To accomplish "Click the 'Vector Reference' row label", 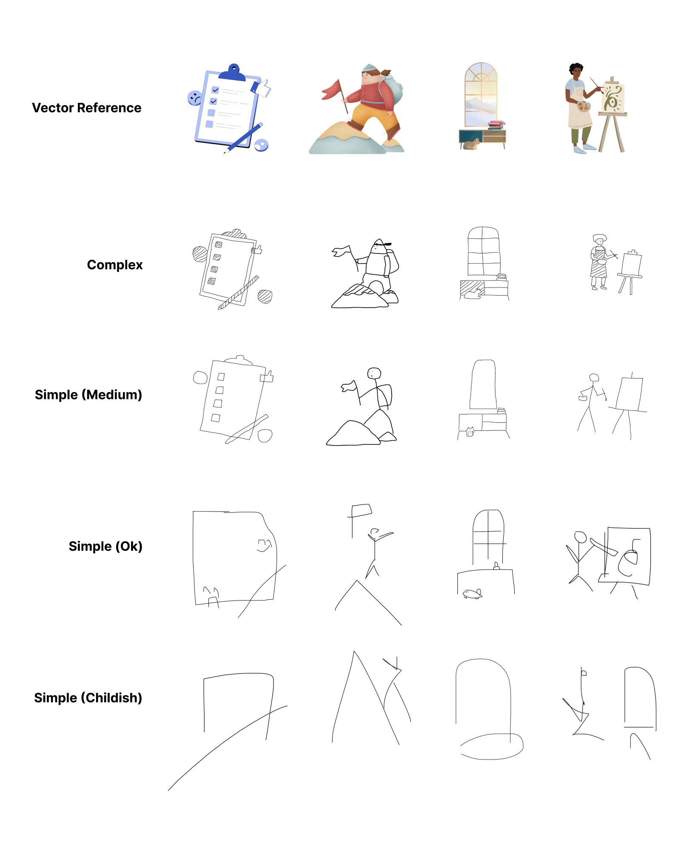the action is pos(86,108).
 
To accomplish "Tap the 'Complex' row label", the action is pos(115,265).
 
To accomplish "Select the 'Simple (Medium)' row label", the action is pos(88,395).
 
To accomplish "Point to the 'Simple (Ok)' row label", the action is pos(105,546).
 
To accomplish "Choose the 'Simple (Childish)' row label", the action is pos(88,698).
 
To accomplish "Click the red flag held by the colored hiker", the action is pos(332,89).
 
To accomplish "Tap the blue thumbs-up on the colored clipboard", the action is pos(261,88).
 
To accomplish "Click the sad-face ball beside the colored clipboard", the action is pos(195,98).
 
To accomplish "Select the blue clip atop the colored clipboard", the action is pos(232,73).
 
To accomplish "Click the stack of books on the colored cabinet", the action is pos(496,125).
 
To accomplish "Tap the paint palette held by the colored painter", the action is pos(584,106).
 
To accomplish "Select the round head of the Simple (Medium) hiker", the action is pos(374,373).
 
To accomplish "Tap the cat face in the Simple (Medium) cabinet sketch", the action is pos(470,432).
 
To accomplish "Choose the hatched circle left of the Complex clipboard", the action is pos(199,254).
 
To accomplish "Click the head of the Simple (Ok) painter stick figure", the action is pos(581,537).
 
